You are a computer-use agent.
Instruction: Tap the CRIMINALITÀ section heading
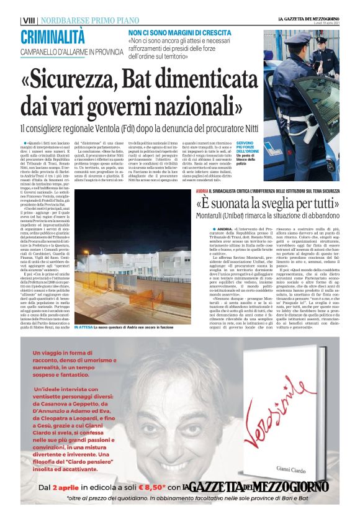pos(53,37)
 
